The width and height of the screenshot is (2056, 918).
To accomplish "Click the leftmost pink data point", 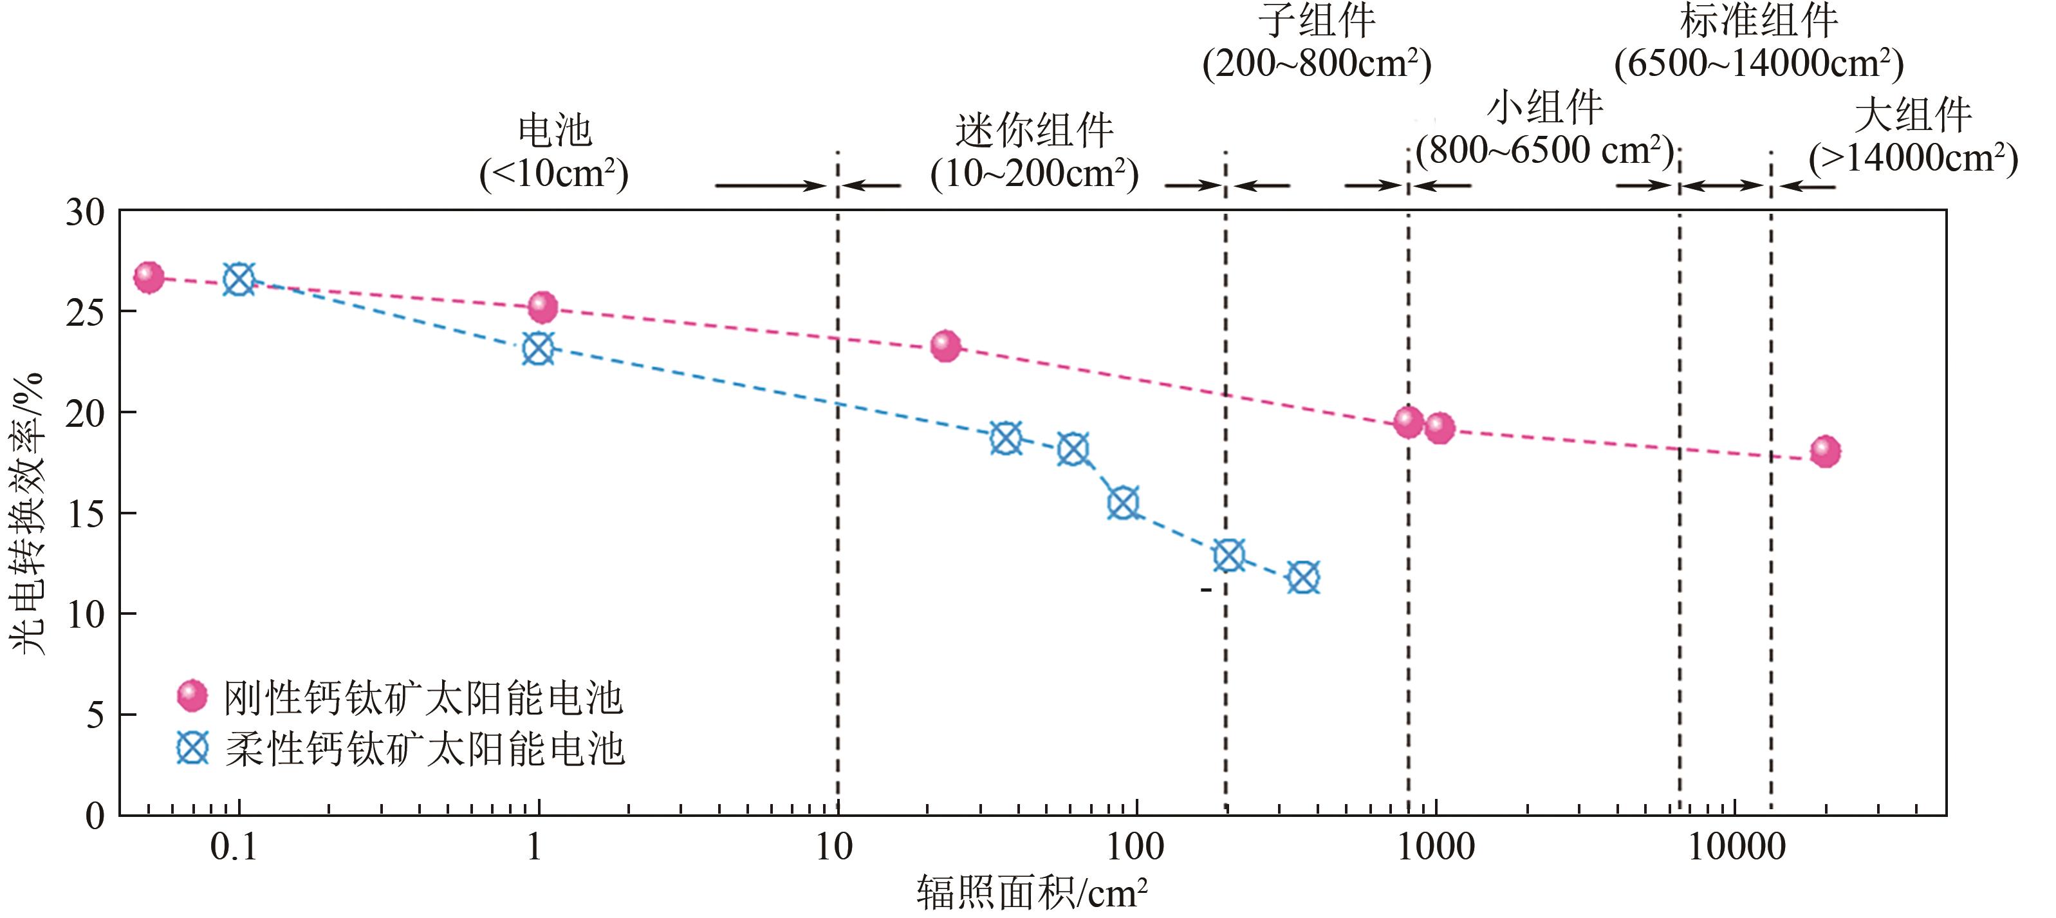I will [149, 277].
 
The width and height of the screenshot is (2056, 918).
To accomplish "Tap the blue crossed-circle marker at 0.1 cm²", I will [239, 279].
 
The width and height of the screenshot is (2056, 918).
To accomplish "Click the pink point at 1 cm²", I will [542, 306].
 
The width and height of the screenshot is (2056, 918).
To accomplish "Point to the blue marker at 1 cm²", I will [538, 349].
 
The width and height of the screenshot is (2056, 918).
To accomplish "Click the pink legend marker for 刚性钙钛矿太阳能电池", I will [192, 696].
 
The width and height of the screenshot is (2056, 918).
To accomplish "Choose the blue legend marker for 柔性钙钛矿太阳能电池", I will [192, 749].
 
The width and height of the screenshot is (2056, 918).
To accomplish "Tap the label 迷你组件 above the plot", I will [1033, 131].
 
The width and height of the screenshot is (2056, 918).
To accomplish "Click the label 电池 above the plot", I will [555, 130].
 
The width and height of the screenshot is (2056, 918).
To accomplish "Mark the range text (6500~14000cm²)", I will [1758, 64].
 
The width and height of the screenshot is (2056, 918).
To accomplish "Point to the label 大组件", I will [1912, 116].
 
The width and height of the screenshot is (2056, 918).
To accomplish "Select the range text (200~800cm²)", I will [1317, 64].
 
